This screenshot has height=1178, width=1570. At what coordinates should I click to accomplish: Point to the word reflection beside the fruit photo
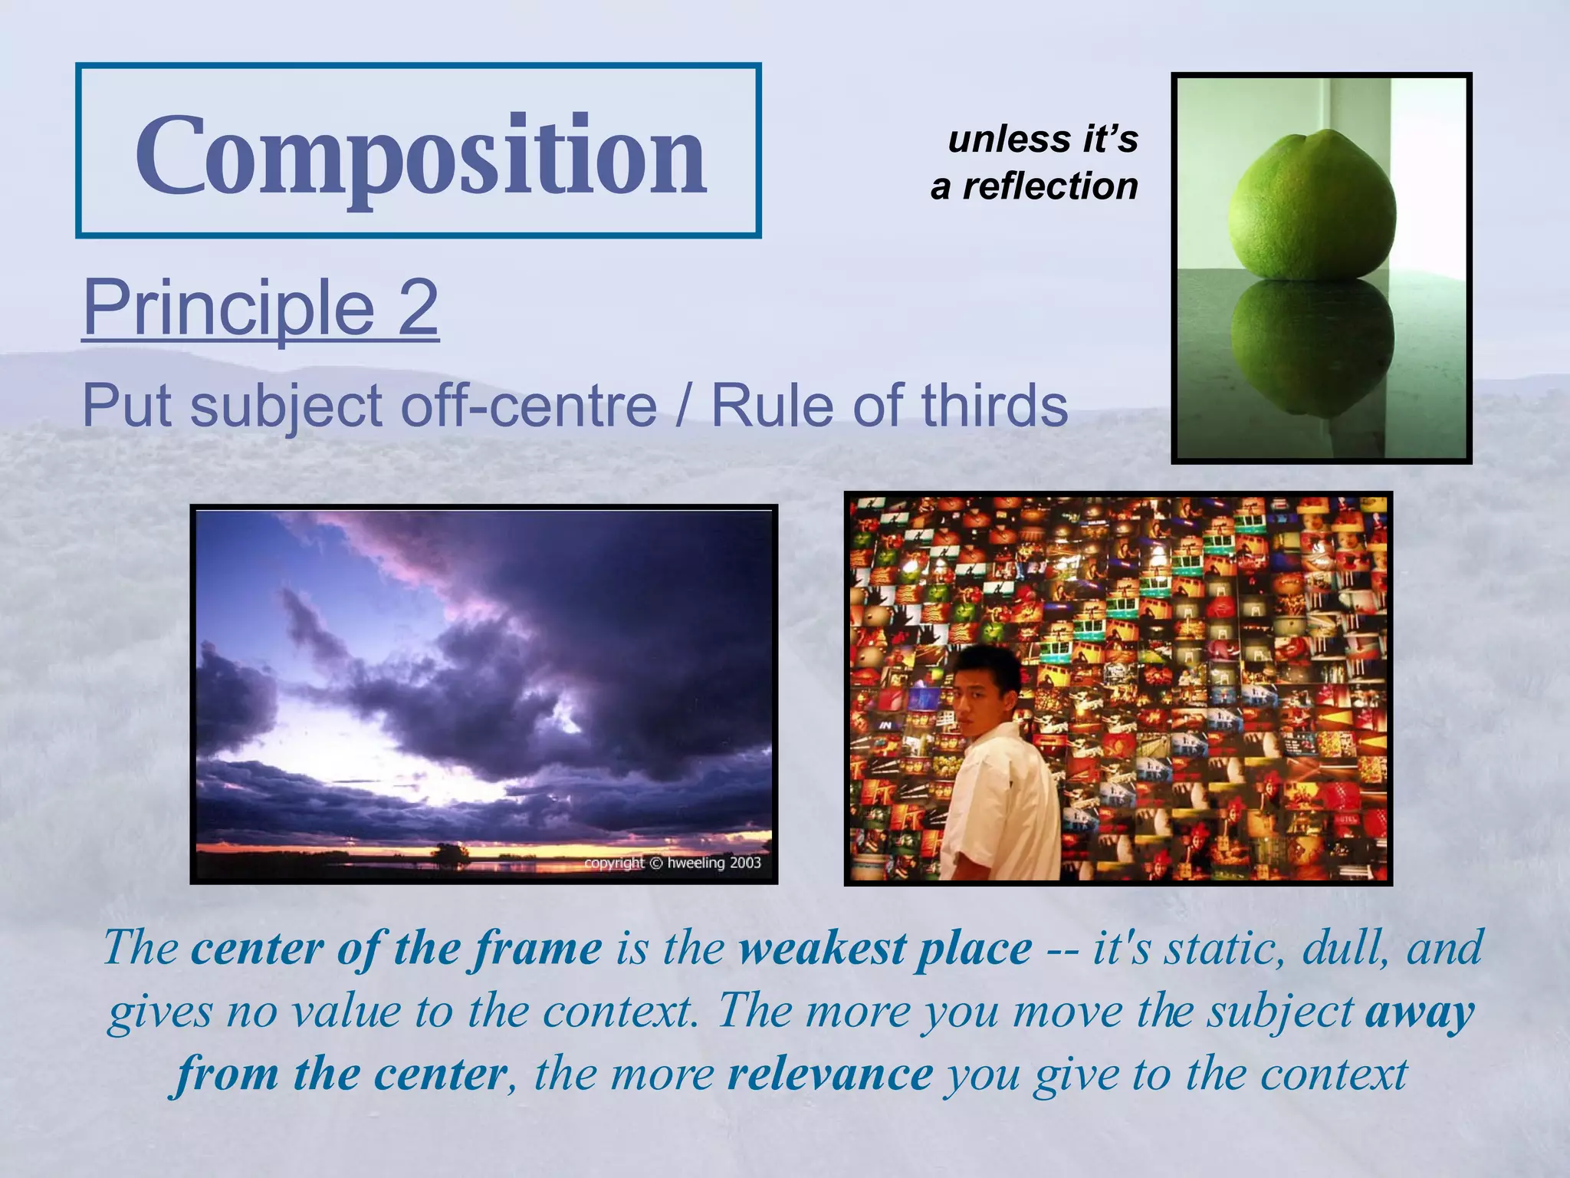tap(1050, 186)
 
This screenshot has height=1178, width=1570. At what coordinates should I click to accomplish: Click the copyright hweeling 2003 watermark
tap(672, 863)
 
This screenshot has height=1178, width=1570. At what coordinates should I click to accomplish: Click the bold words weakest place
tap(885, 948)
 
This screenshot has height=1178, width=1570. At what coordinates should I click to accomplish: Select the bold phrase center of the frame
tap(396, 948)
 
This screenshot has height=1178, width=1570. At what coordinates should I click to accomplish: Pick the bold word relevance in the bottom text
tap(830, 1074)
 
